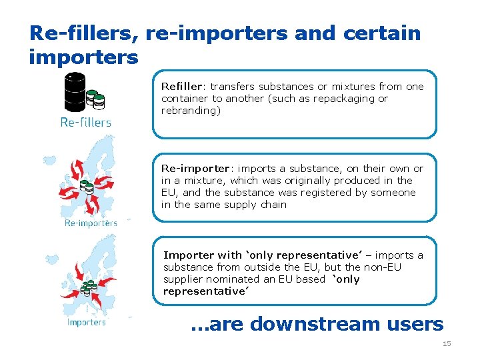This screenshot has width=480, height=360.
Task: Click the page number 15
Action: click(447, 343)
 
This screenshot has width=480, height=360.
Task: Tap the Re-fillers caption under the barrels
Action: click(86, 122)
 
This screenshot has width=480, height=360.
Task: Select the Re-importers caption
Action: click(91, 223)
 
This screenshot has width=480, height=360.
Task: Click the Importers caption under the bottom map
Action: click(86, 322)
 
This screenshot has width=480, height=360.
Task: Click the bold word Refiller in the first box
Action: click(181, 87)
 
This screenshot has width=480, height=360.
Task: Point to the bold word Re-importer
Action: click(193, 169)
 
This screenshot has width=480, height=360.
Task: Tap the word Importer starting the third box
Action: click(187, 255)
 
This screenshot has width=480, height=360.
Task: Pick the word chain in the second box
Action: click(273, 205)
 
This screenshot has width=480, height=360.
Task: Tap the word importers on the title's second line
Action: click(83, 57)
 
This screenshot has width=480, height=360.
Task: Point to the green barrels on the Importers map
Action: click(88, 289)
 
